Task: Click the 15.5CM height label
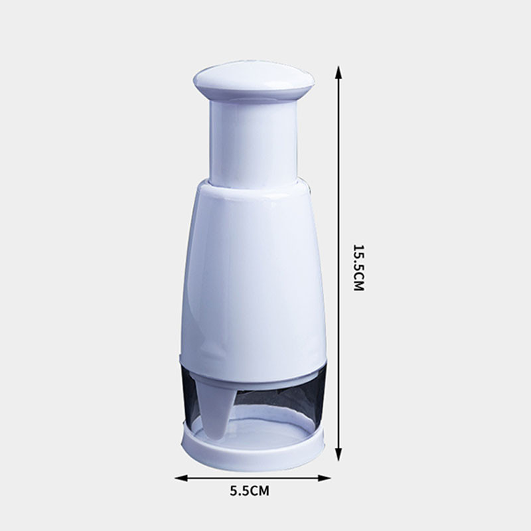click(359, 268)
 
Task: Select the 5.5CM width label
click(250, 492)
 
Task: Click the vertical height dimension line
click(339, 199)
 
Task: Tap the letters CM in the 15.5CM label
click(359, 282)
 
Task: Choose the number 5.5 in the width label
click(239, 492)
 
